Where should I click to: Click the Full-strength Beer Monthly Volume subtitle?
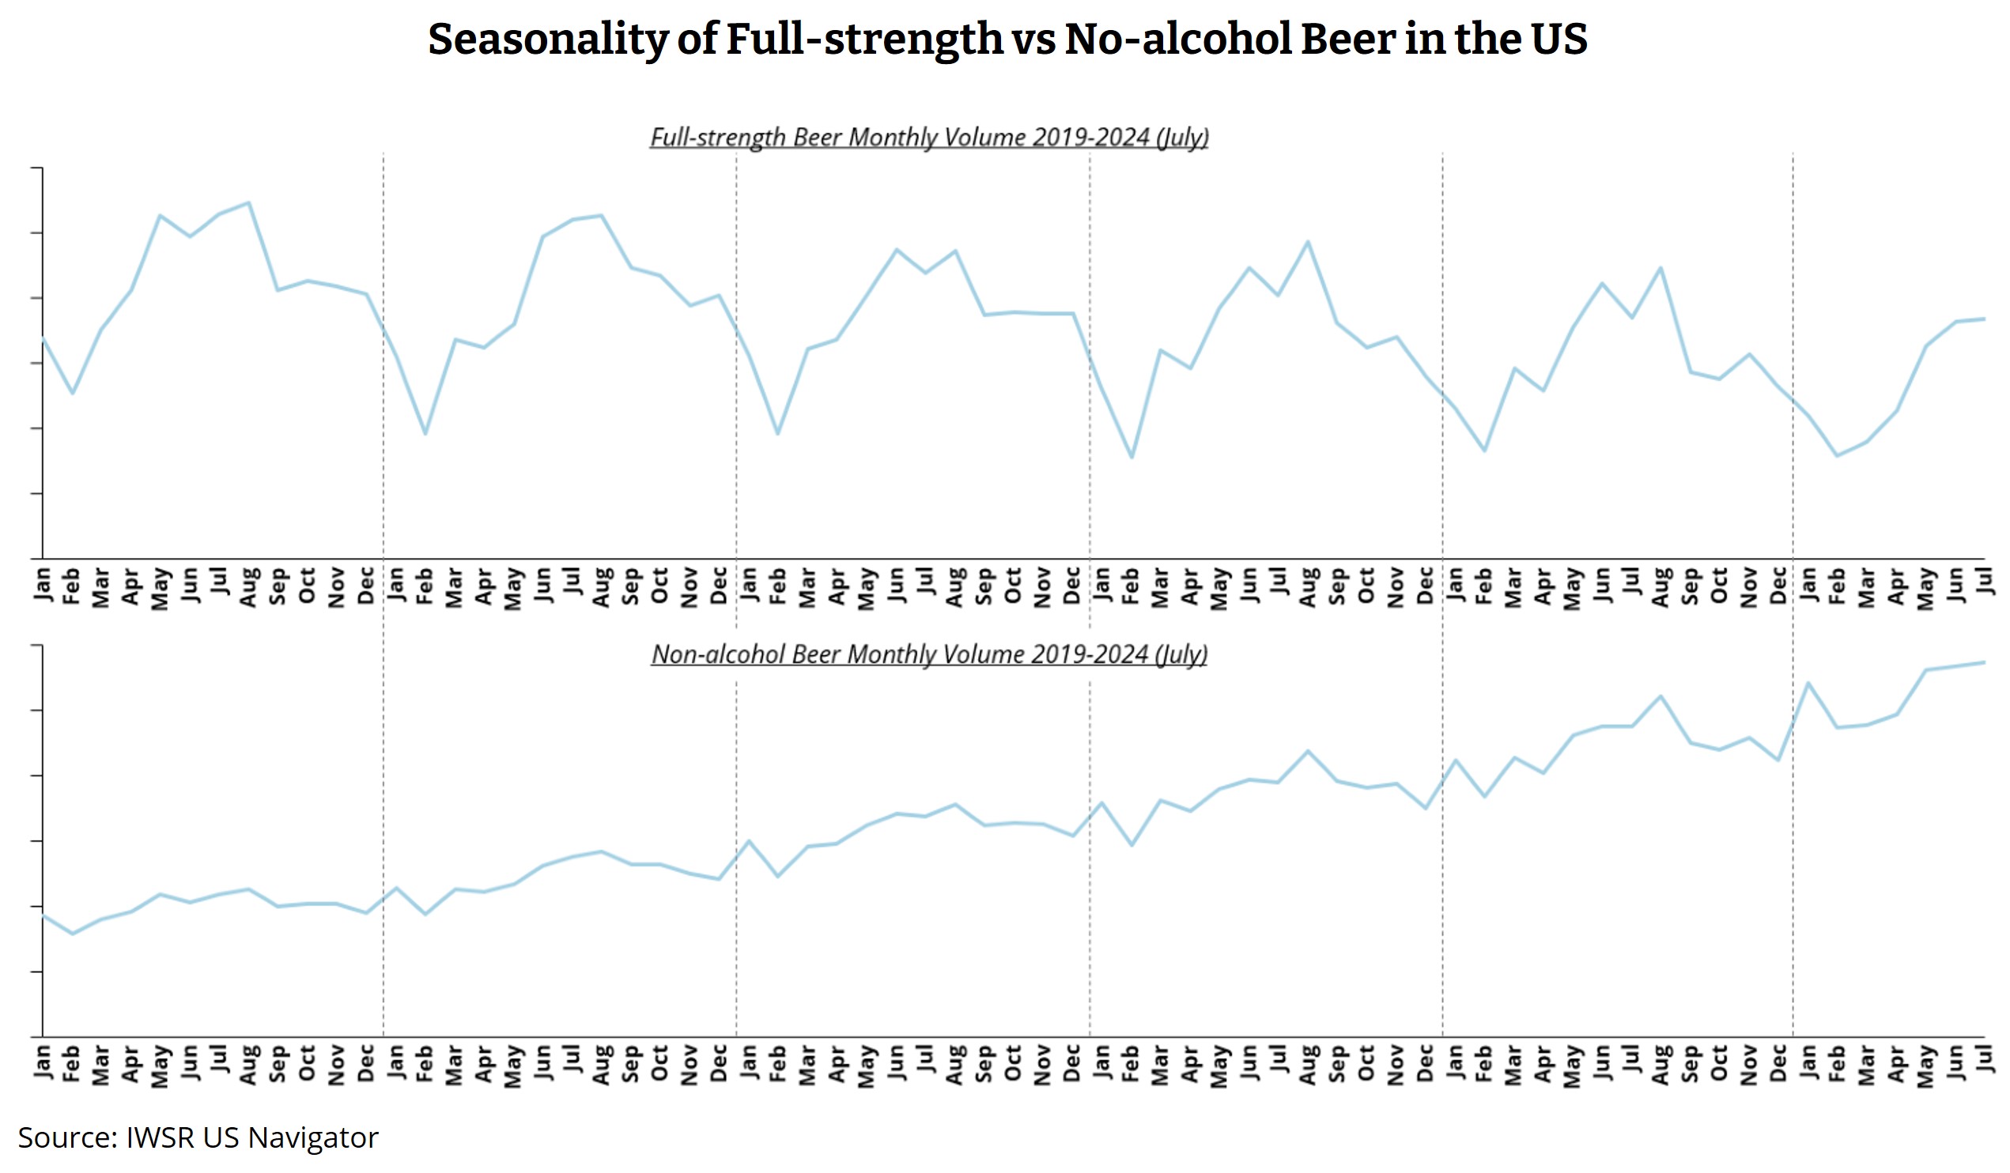pos(929,138)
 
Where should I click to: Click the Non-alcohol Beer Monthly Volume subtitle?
pos(929,654)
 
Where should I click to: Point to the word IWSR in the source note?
pos(160,1138)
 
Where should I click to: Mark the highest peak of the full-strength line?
pos(249,202)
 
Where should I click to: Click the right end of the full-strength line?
pos(1985,319)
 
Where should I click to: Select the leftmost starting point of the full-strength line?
pos(43,338)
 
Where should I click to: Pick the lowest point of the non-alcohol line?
pos(73,933)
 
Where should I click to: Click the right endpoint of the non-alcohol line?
pos(1985,662)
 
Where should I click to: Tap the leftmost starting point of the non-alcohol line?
pos(43,915)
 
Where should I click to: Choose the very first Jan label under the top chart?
pos(43,583)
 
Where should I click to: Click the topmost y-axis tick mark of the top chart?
pos(36,168)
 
